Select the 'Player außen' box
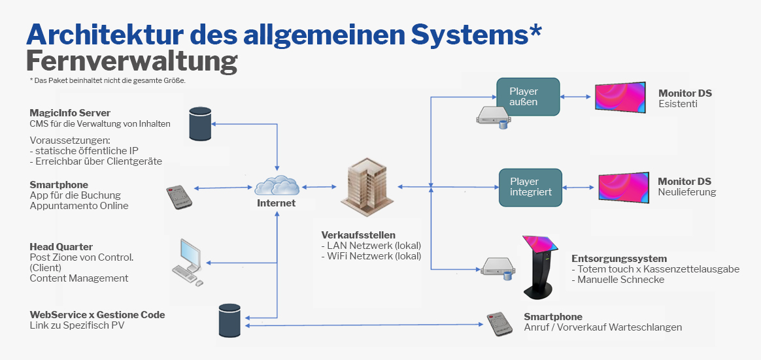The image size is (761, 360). point(528,97)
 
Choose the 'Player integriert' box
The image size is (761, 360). point(530,188)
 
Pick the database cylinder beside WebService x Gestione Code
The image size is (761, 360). point(229,320)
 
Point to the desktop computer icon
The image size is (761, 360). point(187,262)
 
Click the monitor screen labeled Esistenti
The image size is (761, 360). point(620,97)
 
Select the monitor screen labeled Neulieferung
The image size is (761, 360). point(623,188)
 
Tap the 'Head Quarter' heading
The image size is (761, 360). point(61,246)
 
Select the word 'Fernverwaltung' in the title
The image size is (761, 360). point(131,62)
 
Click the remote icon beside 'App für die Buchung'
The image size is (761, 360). point(179,197)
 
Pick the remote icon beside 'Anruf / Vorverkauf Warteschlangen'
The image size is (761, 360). point(500,325)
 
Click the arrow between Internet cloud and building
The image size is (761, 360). point(318,186)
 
